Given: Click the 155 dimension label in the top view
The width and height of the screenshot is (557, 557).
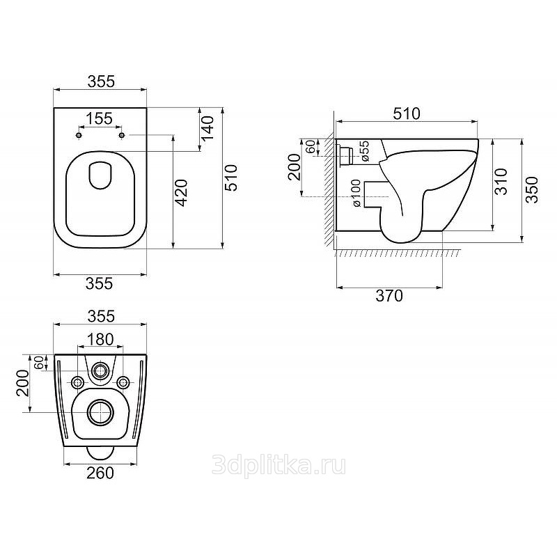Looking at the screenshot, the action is click(100, 118).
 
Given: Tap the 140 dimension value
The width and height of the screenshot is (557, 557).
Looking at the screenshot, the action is click(207, 128).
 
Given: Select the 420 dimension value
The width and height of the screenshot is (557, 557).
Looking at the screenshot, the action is click(182, 193).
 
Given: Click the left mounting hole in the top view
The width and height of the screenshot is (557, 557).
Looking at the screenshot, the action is click(79, 135).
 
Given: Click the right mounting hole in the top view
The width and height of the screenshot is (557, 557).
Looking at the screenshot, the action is click(122, 135).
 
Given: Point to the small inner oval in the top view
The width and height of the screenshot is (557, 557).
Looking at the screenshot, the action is click(100, 176).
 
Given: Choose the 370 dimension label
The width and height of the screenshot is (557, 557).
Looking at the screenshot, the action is click(389, 295).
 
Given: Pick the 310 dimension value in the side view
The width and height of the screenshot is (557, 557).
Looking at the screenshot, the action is click(501, 182).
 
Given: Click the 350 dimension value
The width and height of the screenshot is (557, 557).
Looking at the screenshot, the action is click(532, 189).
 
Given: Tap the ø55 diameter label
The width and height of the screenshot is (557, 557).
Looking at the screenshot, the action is click(364, 151).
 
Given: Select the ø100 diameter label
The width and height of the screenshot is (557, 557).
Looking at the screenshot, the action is click(356, 193).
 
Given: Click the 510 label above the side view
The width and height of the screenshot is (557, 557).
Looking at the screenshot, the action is click(407, 113).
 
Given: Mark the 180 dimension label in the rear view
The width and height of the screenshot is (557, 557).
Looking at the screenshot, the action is click(100, 340).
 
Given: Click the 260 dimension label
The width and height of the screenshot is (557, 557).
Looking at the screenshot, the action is click(100, 473).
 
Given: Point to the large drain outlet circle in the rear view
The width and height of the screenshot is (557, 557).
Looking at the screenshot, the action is click(101, 412).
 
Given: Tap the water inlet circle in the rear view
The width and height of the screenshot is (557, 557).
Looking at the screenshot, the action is click(100, 371).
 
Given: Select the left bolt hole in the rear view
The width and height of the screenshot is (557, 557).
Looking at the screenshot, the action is click(77, 382).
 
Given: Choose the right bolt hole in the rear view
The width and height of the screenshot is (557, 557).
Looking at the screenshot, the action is click(123, 382).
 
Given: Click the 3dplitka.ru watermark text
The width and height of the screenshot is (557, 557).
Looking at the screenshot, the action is click(279, 466).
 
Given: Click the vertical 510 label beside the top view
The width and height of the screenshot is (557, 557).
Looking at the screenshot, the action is click(231, 178).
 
